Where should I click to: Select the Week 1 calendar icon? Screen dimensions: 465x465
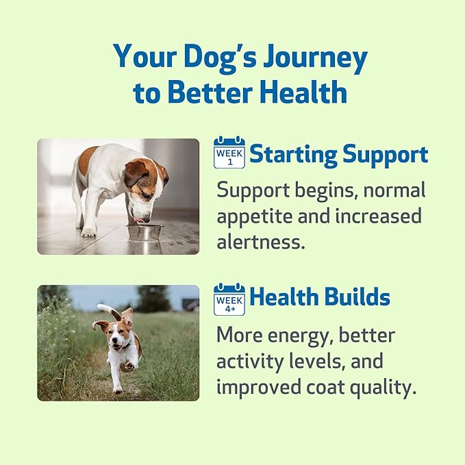(229, 153)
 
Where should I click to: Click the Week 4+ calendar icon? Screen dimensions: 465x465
(229, 299)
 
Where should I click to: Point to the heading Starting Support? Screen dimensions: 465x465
(338, 154)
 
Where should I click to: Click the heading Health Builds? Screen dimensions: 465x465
(320, 298)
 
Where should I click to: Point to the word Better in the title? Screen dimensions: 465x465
(208, 92)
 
